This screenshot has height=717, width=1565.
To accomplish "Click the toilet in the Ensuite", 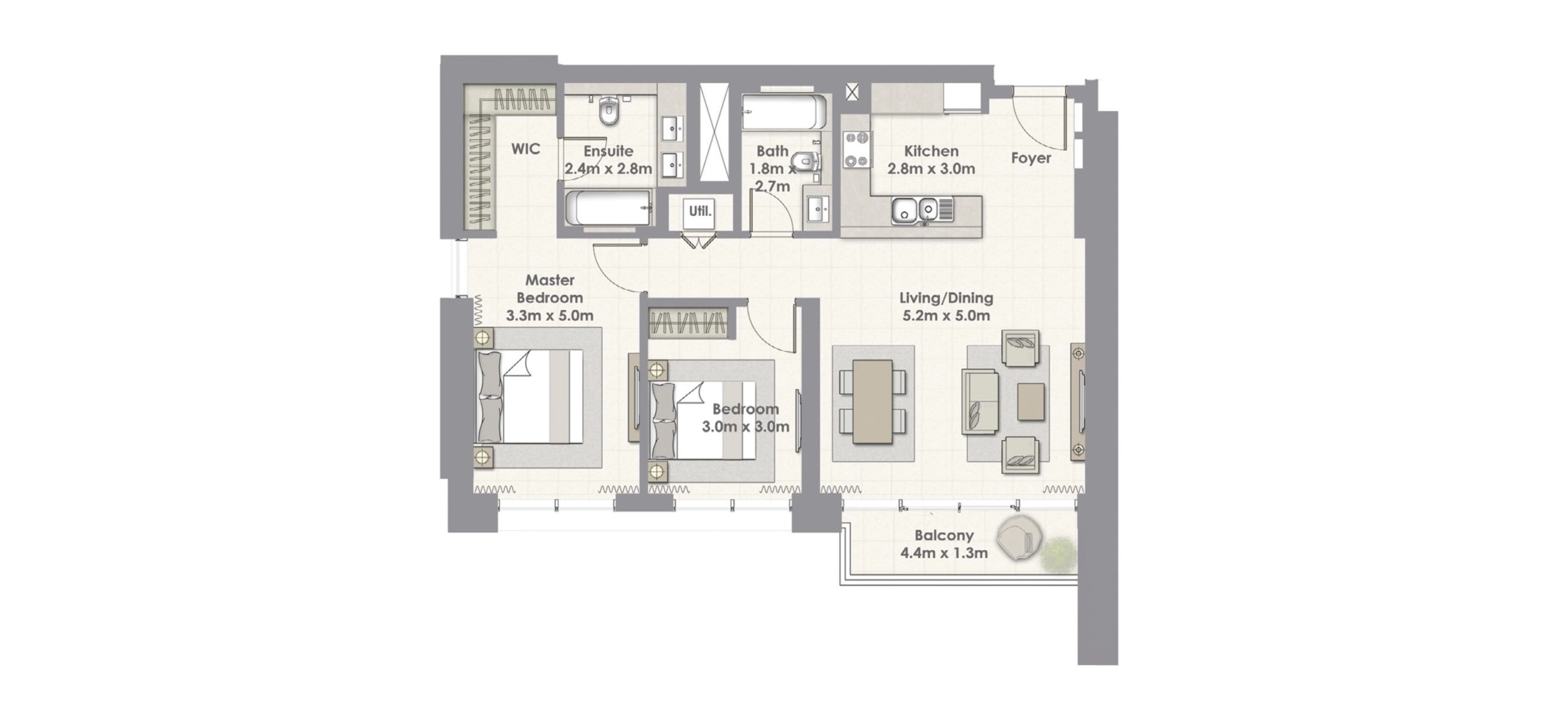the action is point(608,111).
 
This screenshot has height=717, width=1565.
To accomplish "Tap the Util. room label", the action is point(700,212).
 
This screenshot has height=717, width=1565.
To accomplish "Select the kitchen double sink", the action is point(915,211).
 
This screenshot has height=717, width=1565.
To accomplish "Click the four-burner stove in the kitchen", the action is point(856,149).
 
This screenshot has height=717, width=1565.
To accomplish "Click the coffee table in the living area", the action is point(1032,402).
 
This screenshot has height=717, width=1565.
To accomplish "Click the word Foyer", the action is point(1031,158).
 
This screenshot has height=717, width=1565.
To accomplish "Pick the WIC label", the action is point(526,149).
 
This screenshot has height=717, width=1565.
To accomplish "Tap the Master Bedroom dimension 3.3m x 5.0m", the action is point(550,315).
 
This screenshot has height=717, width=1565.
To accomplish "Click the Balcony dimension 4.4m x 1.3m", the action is point(944,553).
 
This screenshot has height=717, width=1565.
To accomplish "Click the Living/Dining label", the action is point(947,298).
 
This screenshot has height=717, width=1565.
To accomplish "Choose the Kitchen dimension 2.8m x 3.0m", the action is point(931,168).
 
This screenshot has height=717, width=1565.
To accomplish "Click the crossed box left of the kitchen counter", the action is point(852,92).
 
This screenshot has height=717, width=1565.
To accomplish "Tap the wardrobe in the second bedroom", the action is point(688,323).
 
